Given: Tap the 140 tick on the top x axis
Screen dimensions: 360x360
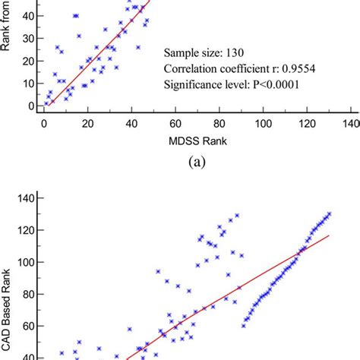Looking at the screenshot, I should tap(350, 122).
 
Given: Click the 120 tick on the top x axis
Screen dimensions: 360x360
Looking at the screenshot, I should tap(307, 122).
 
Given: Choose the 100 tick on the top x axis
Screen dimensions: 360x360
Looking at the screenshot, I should tap(263, 122).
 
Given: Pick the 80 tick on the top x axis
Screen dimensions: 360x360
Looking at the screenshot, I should tap(220, 122).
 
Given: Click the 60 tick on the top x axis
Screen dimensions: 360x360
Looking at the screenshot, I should tap(176, 122).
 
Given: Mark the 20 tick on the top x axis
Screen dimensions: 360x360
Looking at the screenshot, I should tap(88, 122).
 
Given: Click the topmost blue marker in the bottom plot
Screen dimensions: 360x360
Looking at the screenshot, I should tap(328, 213).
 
